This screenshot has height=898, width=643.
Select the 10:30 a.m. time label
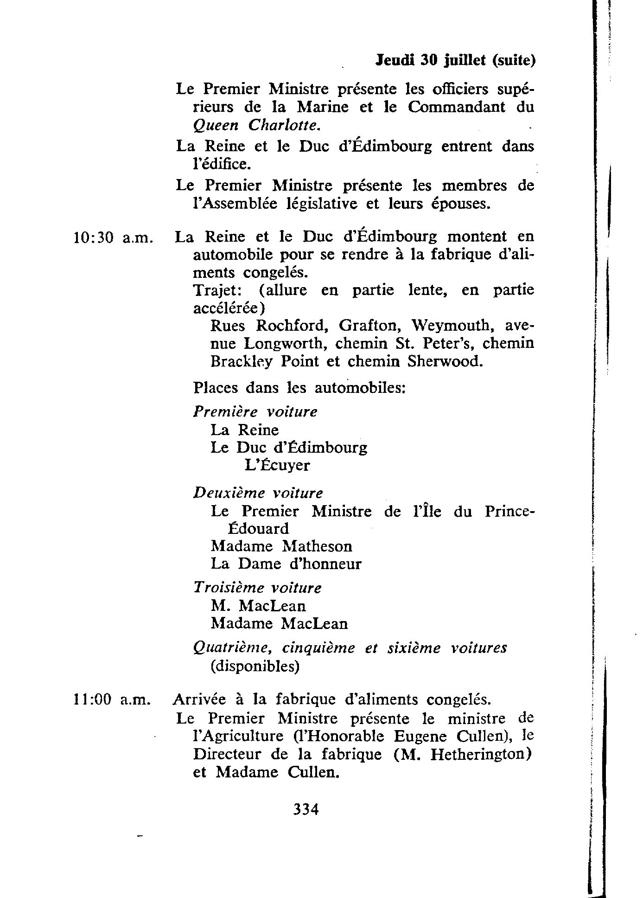pos(113,238)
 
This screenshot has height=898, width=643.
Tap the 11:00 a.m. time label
pos(113,699)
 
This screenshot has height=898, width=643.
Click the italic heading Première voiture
pos(255,412)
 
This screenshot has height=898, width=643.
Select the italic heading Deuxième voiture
pos(258,493)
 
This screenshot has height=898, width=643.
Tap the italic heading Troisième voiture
pos(257,588)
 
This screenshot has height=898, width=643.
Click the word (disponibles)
pos(255,667)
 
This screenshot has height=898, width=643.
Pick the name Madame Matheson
pos(281,546)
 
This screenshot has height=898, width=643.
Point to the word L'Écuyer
pos(277,465)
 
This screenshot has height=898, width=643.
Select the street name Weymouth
pos(451,326)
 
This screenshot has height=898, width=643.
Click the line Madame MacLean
pos(279,623)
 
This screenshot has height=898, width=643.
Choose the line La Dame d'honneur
pos(286,564)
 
